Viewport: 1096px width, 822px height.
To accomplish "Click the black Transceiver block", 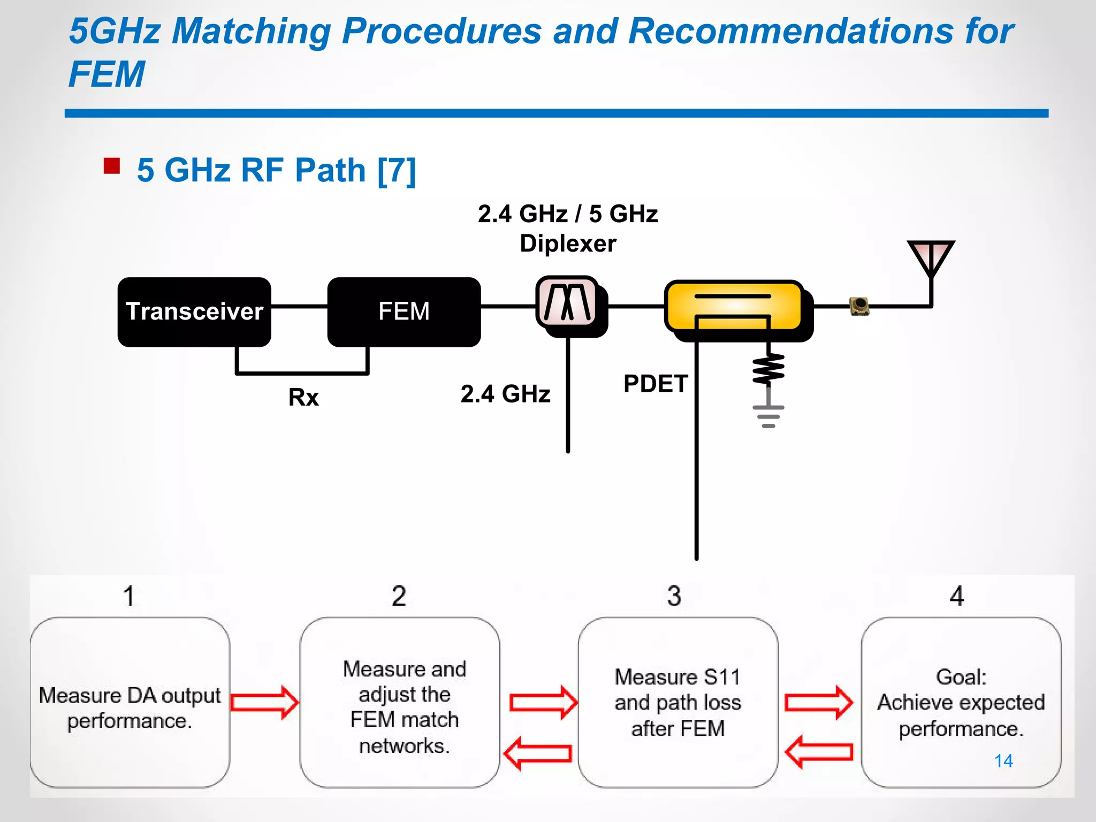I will click(194, 312).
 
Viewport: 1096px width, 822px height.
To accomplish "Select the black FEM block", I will click(404, 312).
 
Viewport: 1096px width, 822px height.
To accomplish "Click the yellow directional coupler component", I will click(734, 305).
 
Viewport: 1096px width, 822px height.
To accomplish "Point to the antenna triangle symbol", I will click(931, 256).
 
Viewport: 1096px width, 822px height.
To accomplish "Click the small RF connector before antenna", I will click(859, 306).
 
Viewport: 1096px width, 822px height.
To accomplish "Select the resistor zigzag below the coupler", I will click(768, 369).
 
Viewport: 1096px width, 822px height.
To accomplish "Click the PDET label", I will click(655, 384).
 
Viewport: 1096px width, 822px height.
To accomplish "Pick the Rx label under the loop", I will click(303, 398).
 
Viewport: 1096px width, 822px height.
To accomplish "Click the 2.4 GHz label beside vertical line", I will click(505, 394).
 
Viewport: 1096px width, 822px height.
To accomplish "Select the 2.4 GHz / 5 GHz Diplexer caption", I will click(568, 229).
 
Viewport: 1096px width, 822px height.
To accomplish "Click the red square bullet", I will click(112, 166).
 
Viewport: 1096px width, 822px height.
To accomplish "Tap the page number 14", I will click(1003, 760).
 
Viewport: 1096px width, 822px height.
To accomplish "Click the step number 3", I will click(674, 596).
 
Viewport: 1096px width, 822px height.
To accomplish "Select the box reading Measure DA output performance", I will click(130, 702).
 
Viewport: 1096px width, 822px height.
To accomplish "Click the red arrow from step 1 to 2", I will click(265, 702).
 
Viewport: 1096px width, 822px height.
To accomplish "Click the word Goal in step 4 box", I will click(960, 677).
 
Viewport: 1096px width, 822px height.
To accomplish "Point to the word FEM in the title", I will click(107, 74).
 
